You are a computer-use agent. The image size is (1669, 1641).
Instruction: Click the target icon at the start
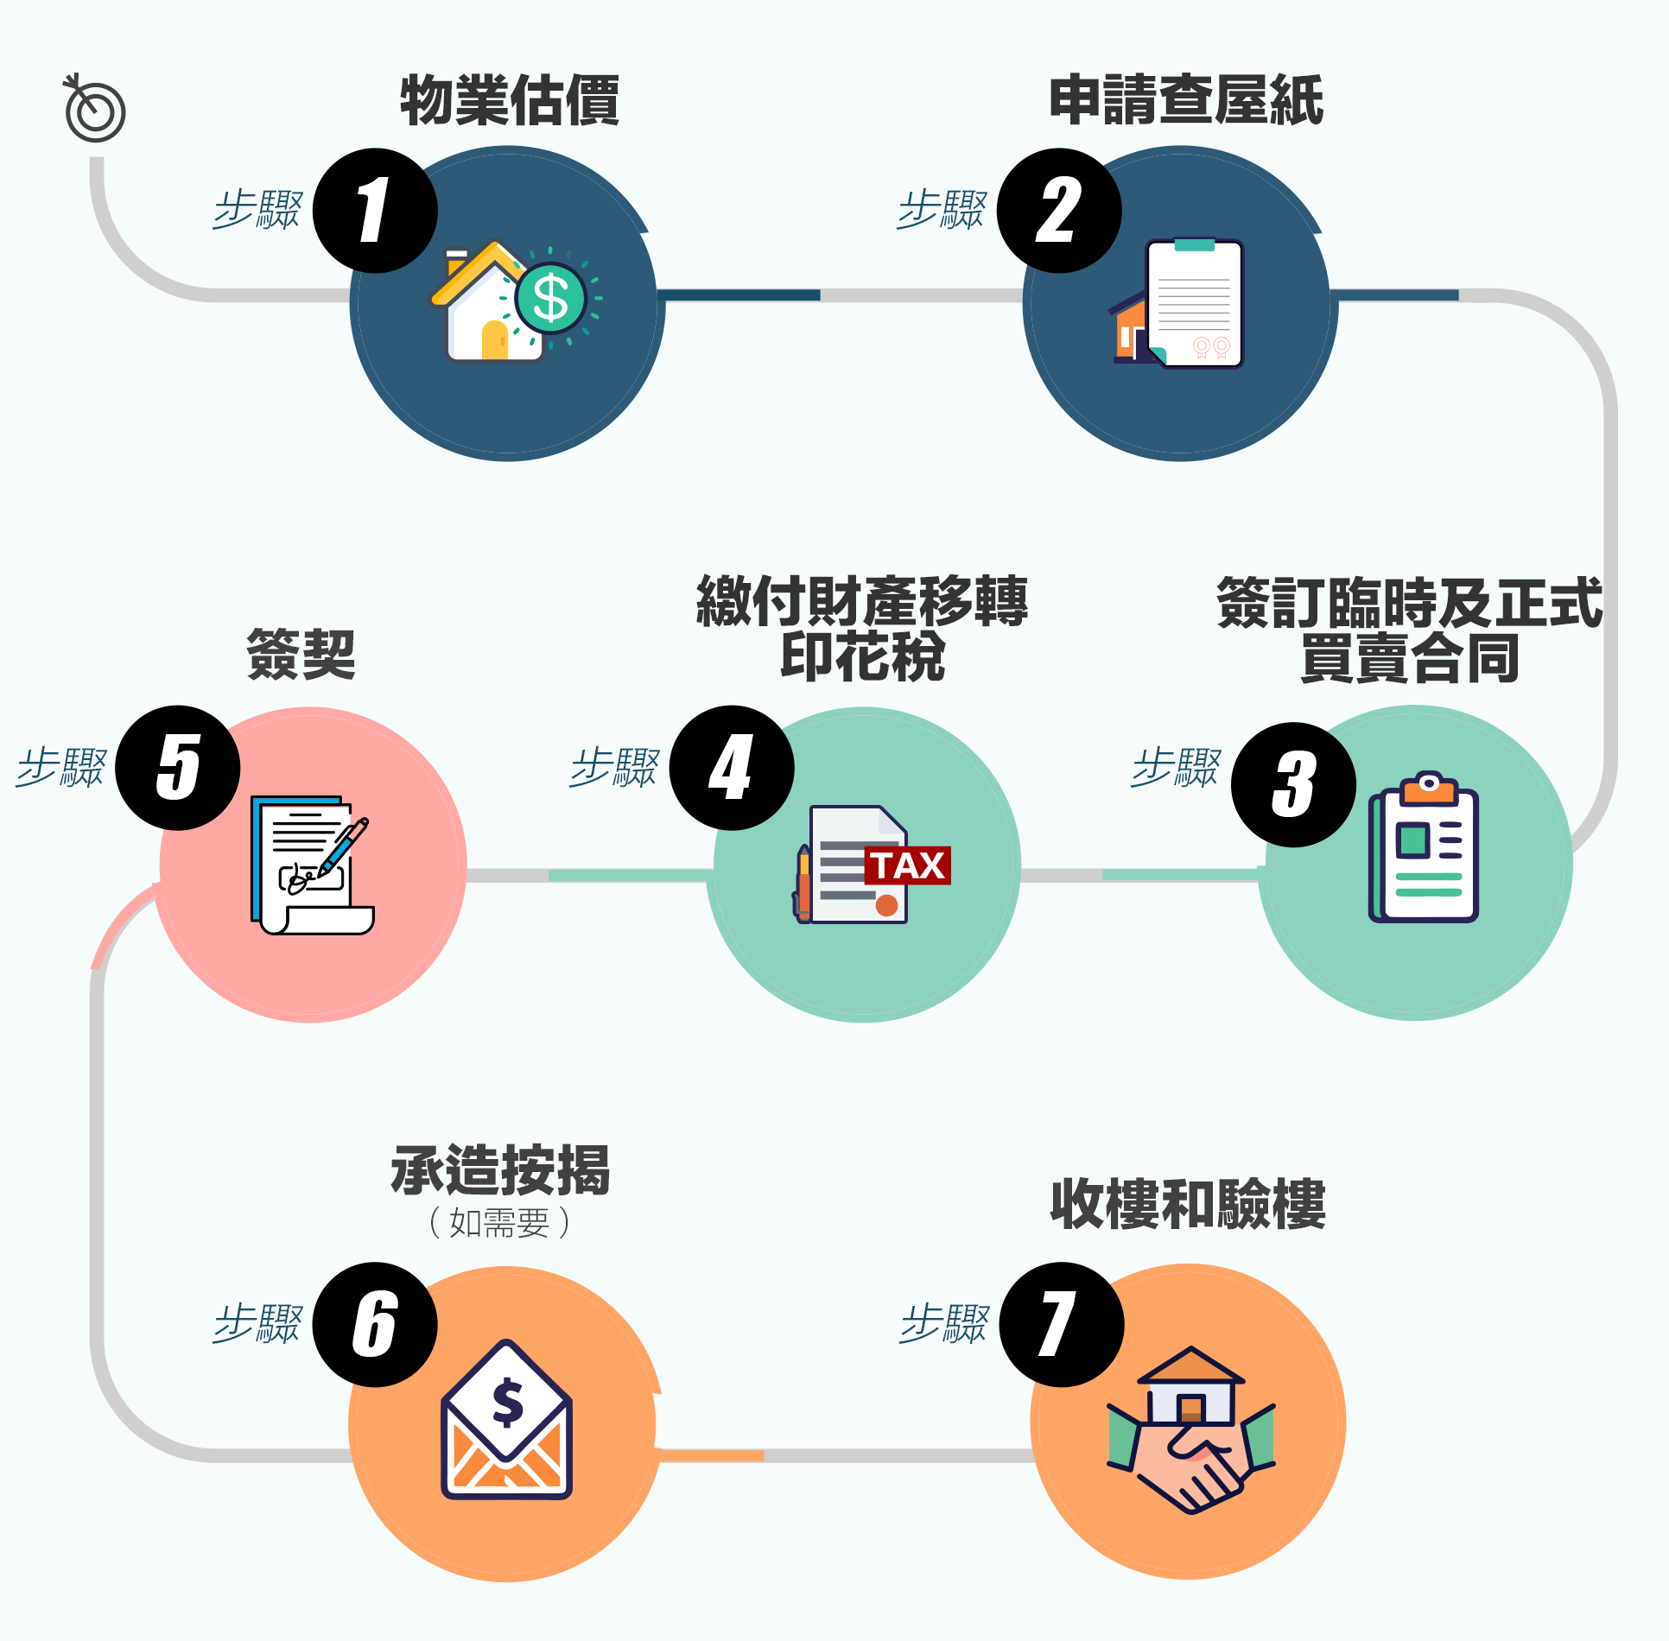(95, 110)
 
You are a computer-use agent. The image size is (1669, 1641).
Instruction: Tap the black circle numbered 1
(375, 211)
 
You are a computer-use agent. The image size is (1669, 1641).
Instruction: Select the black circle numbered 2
(1059, 211)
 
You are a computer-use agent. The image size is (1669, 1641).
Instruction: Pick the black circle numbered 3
(1293, 784)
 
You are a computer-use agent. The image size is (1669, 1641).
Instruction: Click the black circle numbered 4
(732, 768)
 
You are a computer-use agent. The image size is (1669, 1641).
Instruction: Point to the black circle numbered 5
(178, 768)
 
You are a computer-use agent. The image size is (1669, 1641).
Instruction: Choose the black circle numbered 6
(375, 1325)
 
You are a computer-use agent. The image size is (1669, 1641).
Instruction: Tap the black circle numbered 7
(1062, 1325)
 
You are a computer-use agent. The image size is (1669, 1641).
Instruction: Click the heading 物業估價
(510, 100)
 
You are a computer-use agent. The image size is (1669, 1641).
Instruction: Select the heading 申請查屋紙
(1185, 100)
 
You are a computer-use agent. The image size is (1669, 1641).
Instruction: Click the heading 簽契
(301, 654)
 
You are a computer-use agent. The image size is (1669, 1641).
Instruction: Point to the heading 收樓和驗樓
(1188, 1204)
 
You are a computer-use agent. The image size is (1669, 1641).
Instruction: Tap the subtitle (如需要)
(499, 1223)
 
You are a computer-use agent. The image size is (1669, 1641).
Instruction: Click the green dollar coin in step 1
(550, 299)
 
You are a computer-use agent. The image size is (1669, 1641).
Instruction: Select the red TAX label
(908, 865)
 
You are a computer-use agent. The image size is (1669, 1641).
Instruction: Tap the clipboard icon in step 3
(1425, 848)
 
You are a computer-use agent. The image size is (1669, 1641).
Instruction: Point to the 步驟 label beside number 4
(614, 767)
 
